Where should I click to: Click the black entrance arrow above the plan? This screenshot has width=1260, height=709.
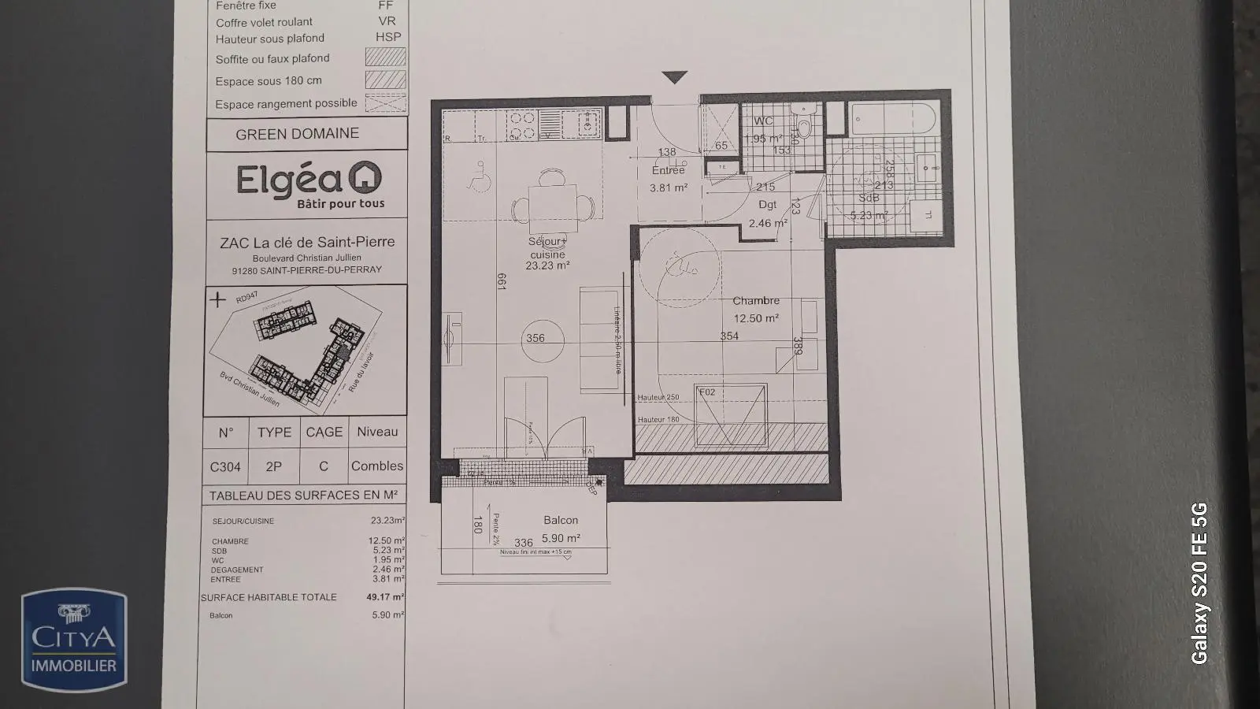(675, 77)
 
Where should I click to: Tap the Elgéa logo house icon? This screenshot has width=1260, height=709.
(365, 178)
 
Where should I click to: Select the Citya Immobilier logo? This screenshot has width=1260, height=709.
(74, 640)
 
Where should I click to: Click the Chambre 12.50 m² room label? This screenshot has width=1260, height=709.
(756, 310)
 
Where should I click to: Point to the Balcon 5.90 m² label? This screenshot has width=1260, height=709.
(561, 529)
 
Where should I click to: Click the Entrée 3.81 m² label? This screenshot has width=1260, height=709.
(669, 179)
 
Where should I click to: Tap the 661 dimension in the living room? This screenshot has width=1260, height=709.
(501, 281)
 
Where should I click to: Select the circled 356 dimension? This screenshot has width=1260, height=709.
(535, 338)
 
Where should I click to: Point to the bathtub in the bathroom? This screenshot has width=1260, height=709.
(893, 118)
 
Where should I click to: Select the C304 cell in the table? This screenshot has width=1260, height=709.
(225, 466)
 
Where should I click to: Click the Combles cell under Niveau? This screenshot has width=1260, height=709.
(376, 466)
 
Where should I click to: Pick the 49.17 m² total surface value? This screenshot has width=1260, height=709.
(385, 597)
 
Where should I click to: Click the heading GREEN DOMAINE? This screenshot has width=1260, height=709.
(298, 134)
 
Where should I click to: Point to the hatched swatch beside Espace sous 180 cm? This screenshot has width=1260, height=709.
(385, 80)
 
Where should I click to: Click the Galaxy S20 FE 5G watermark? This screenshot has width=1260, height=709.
(1199, 583)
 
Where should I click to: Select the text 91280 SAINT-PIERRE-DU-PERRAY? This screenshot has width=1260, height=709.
(307, 269)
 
